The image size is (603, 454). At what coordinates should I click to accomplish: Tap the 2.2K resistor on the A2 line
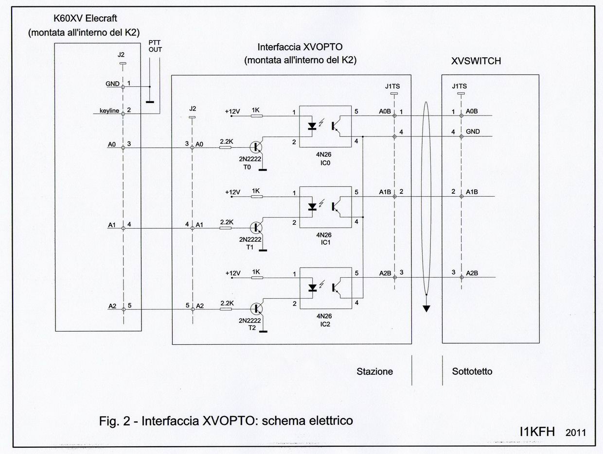(226, 308)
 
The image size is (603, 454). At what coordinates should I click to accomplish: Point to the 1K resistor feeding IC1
(256, 197)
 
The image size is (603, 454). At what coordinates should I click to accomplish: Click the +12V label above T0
(232, 111)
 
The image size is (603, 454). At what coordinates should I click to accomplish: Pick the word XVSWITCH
(476, 62)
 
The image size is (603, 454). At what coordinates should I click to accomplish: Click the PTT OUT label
(156, 46)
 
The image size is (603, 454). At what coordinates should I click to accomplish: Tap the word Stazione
(374, 371)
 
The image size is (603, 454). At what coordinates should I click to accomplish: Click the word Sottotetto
(472, 371)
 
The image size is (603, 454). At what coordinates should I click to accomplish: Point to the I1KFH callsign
(537, 432)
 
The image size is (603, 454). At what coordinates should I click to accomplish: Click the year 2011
(576, 433)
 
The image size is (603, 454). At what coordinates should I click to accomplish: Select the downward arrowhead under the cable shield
(426, 308)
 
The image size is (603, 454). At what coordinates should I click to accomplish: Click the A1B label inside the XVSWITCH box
(472, 192)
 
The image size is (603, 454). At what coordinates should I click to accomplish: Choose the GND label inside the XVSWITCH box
(473, 132)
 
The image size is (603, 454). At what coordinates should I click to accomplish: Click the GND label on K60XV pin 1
(112, 84)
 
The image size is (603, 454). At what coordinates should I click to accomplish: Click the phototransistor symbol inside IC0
(337, 125)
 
